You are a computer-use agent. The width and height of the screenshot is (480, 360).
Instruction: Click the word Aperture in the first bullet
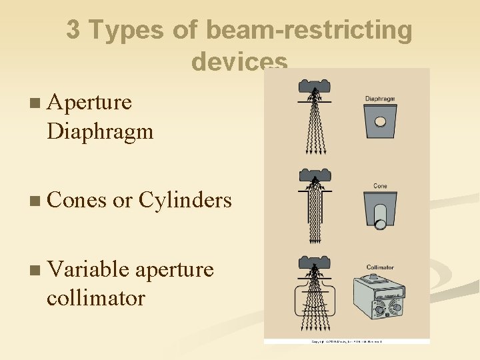[89, 103]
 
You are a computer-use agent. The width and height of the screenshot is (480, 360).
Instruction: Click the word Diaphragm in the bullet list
[100, 131]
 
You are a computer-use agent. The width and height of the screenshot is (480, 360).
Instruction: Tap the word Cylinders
[185, 200]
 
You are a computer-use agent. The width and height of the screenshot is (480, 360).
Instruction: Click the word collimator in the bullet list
[95, 297]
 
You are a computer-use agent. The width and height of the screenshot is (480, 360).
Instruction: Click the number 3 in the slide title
[73, 30]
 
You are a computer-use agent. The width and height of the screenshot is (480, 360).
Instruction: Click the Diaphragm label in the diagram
[380, 99]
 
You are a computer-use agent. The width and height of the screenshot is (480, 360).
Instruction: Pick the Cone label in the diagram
[380, 186]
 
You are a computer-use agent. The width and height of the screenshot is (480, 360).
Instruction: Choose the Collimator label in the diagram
[380, 268]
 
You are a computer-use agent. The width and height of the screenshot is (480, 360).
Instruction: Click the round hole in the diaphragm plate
[380, 122]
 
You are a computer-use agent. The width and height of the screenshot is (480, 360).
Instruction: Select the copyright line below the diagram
[347, 341]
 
